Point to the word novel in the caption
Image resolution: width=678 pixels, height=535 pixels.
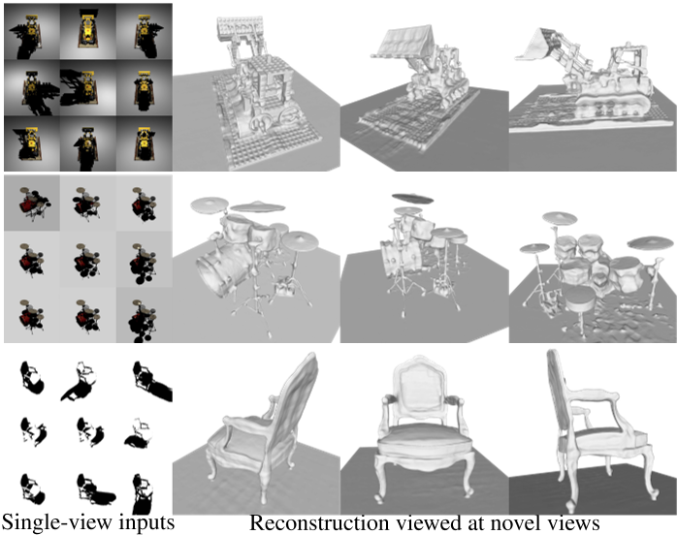517,522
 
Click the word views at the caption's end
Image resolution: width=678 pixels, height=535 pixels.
574,523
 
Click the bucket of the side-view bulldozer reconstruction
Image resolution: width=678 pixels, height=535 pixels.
534,44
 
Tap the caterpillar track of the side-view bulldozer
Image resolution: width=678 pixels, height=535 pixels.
611,105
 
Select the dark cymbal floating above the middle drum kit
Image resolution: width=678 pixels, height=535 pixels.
412,199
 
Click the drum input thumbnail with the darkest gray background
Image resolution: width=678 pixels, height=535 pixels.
32,203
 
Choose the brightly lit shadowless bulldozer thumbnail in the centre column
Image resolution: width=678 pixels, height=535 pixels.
87,31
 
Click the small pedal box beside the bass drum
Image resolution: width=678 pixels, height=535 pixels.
284,287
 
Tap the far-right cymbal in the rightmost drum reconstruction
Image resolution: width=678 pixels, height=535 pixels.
650,242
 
